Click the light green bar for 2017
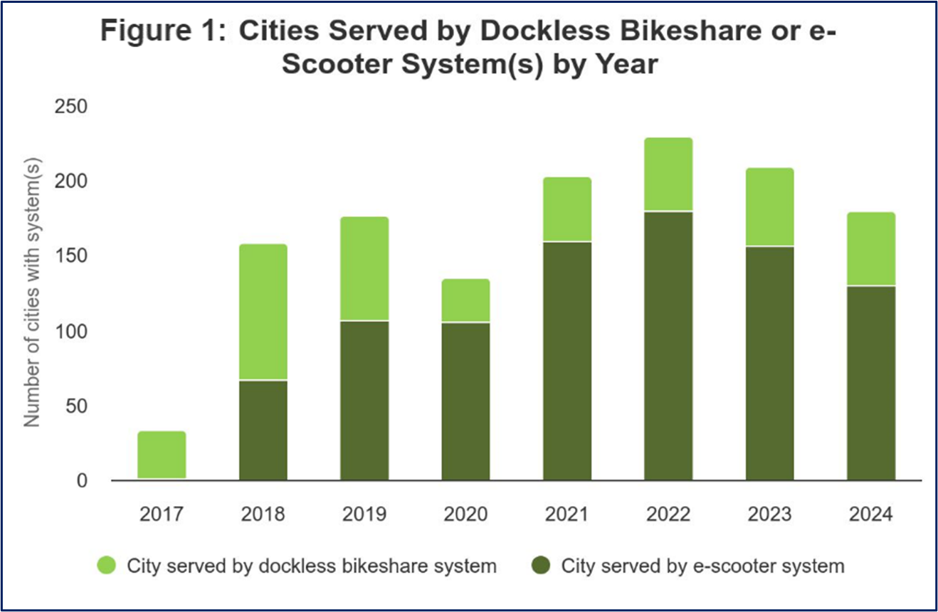point(162,455)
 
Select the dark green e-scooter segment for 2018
point(263,431)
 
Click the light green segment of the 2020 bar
point(465,300)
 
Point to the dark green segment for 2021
point(567,362)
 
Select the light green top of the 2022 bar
point(668,174)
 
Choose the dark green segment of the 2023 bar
point(770,363)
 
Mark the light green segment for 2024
point(871,249)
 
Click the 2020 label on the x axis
point(465,514)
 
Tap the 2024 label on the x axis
point(871,514)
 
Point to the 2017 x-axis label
point(162,514)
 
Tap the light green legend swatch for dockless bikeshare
point(107,566)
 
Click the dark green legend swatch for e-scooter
point(542,566)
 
